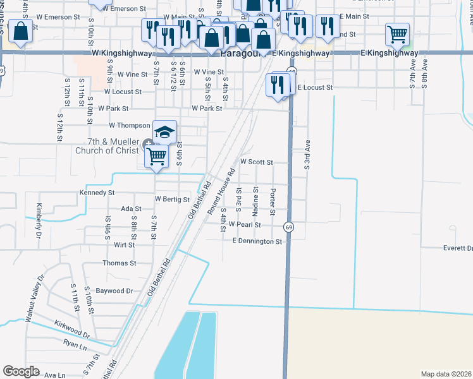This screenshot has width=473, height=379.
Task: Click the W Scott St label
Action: pos(256,162)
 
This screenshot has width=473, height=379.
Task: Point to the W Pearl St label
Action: pos(245,224)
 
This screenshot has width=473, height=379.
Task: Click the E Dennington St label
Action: pos(257,241)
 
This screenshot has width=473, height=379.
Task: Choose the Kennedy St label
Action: pos(97,192)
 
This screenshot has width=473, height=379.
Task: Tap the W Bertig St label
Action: pos(172,200)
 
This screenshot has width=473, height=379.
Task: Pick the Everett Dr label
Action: pos(458,248)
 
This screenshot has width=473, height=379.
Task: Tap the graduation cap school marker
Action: pos(164,131)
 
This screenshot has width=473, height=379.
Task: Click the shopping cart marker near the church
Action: pos(156,155)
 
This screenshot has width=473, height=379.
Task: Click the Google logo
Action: pos(21,371)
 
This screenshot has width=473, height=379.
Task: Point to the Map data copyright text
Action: pos(446,374)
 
